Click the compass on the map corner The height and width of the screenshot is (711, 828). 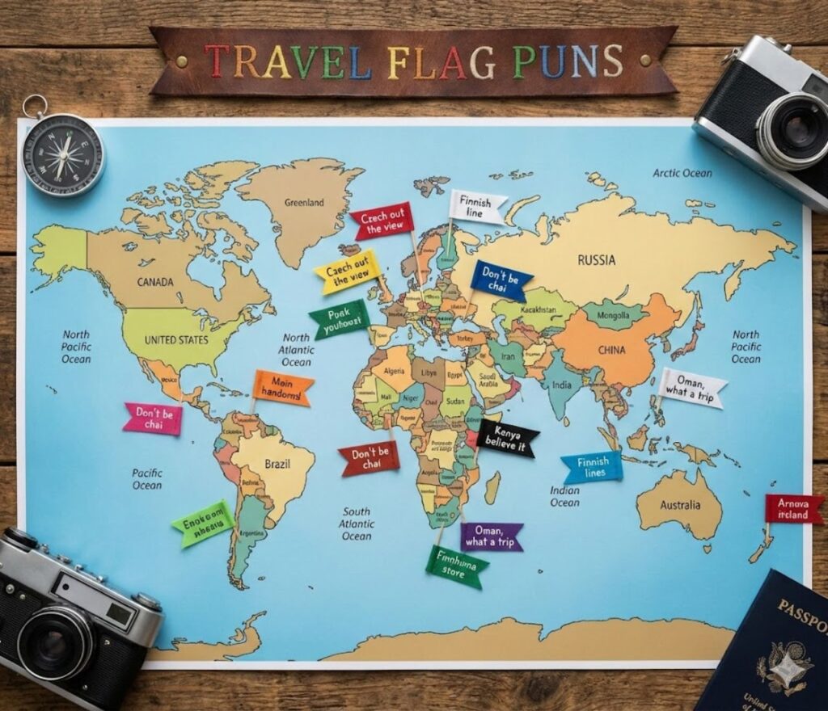coord(62,154)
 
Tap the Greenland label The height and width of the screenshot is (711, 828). coord(304,202)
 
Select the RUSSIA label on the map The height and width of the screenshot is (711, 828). coord(597,260)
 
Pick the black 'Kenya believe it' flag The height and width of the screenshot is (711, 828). coord(507,439)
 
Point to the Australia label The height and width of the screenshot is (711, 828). coord(680,505)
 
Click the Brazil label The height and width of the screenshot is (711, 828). coord(277,465)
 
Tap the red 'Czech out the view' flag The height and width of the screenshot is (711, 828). coord(382,221)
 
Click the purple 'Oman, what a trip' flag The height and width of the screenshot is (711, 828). coord(492,536)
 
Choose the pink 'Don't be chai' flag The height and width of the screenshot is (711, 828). coord(153,419)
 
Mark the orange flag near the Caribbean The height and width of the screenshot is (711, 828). coord(283,389)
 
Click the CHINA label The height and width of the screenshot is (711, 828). coord(611,351)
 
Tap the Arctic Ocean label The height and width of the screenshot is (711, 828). coord(682,173)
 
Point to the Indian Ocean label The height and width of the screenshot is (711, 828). coord(564,496)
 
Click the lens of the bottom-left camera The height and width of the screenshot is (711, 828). coord(56,642)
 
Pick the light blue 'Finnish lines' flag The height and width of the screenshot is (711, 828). coord(593,467)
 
